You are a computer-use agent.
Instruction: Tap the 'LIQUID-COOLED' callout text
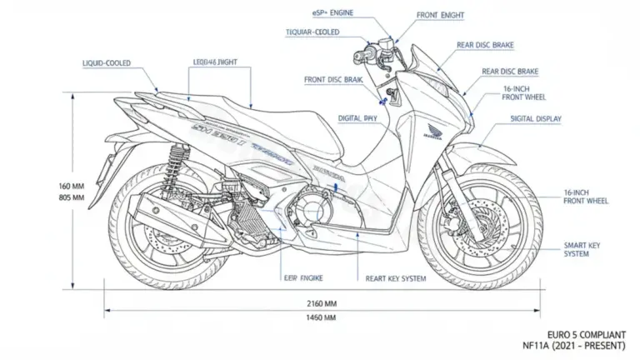(x=106, y=62)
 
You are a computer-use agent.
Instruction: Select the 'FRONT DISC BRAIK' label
(x=332, y=79)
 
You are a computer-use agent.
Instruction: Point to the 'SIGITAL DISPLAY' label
(x=536, y=119)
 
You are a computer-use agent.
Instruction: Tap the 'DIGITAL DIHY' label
(x=357, y=119)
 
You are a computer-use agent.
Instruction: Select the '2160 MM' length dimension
(x=322, y=303)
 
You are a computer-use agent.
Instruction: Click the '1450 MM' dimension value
(x=322, y=318)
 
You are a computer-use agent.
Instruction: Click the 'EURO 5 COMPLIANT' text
(x=592, y=332)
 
